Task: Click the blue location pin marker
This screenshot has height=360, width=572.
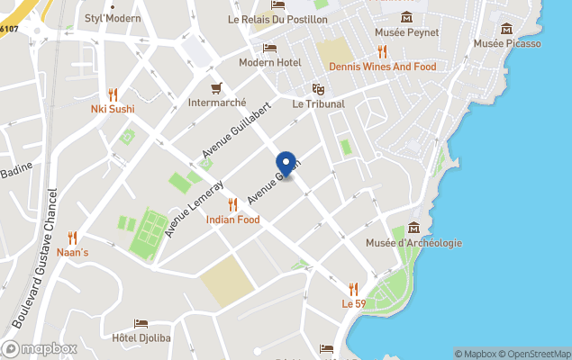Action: pyautogui.click(x=286, y=164)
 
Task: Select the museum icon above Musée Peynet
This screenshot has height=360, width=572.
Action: pyautogui.click(x=406, y=17)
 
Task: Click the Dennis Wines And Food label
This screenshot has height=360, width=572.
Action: pyautogui.click(x=382, y=67)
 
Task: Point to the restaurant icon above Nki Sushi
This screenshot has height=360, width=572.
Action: pyautogui.click(x=113, y=94)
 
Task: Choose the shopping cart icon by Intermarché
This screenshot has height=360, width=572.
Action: pyautogui.click(x=216, y=87)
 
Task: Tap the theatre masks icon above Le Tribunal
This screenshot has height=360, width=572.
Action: pyautogui.click(x=318, y=89)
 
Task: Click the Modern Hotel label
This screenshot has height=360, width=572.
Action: pyautogui.click(x=269, y=62)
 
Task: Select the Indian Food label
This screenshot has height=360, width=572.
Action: pyautogui.click(x=232, y=220)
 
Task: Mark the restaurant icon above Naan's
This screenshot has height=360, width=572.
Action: pyautogui.click(x=73, y=238)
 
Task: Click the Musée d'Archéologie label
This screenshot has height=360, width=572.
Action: pyautogui.click(x=413, y=243)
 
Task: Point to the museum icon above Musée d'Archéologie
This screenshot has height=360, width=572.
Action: pyautogui.click(x=413, y=227)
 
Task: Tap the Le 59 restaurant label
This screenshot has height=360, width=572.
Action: pyautogui.click(x=353, y=304)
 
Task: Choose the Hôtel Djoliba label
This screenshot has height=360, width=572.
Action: pyautogui.click(x=141, y=338)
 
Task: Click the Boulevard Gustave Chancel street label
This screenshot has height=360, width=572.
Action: pyautogui.click(x=34, y=256)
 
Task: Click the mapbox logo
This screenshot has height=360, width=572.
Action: pyautogui.click(x=40, y=348)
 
